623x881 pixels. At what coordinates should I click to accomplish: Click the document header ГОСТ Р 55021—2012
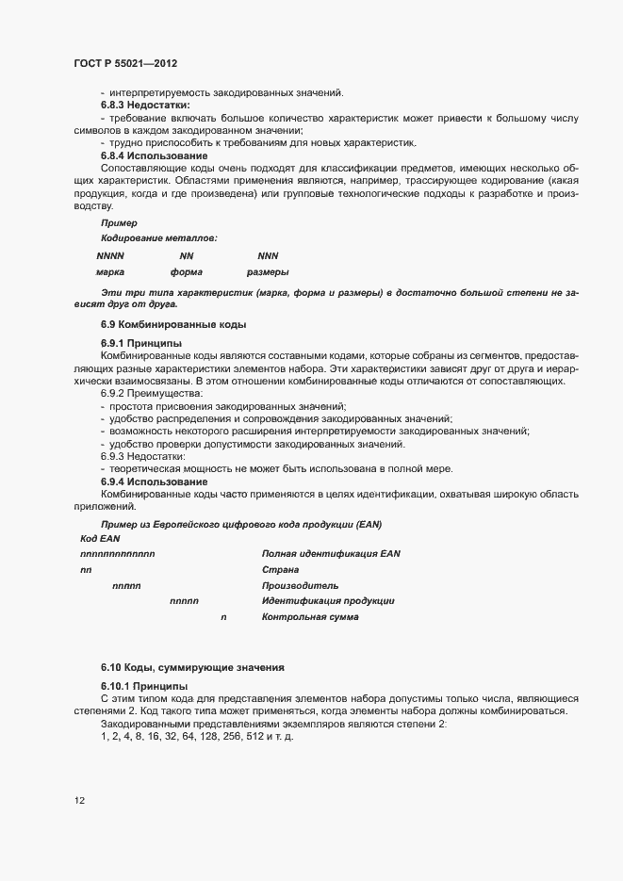click(x=124, y=63)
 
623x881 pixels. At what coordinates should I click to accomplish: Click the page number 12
click(x=80, y=801)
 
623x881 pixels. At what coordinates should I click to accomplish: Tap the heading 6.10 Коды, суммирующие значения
click(x=192, y=667)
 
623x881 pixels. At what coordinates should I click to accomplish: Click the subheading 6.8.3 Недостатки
click(x=144, y=105)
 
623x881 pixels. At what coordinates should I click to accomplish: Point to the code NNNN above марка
click(x=110, y=255)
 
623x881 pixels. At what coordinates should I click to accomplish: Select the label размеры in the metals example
click(x=268, y=271)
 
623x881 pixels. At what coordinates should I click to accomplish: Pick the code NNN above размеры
click(x=268, y=255)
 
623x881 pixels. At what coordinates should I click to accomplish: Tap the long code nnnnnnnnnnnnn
click(x=118, y=553)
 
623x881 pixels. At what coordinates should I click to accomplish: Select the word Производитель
click(x=300, y=585)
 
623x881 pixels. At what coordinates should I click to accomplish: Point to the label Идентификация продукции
click(x=328, y=601)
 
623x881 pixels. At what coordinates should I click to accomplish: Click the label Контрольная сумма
click(x=310, y=617)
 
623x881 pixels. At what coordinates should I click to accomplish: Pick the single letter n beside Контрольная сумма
click(x=223, y=617)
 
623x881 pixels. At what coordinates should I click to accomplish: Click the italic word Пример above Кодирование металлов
click(x=119, y=223)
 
